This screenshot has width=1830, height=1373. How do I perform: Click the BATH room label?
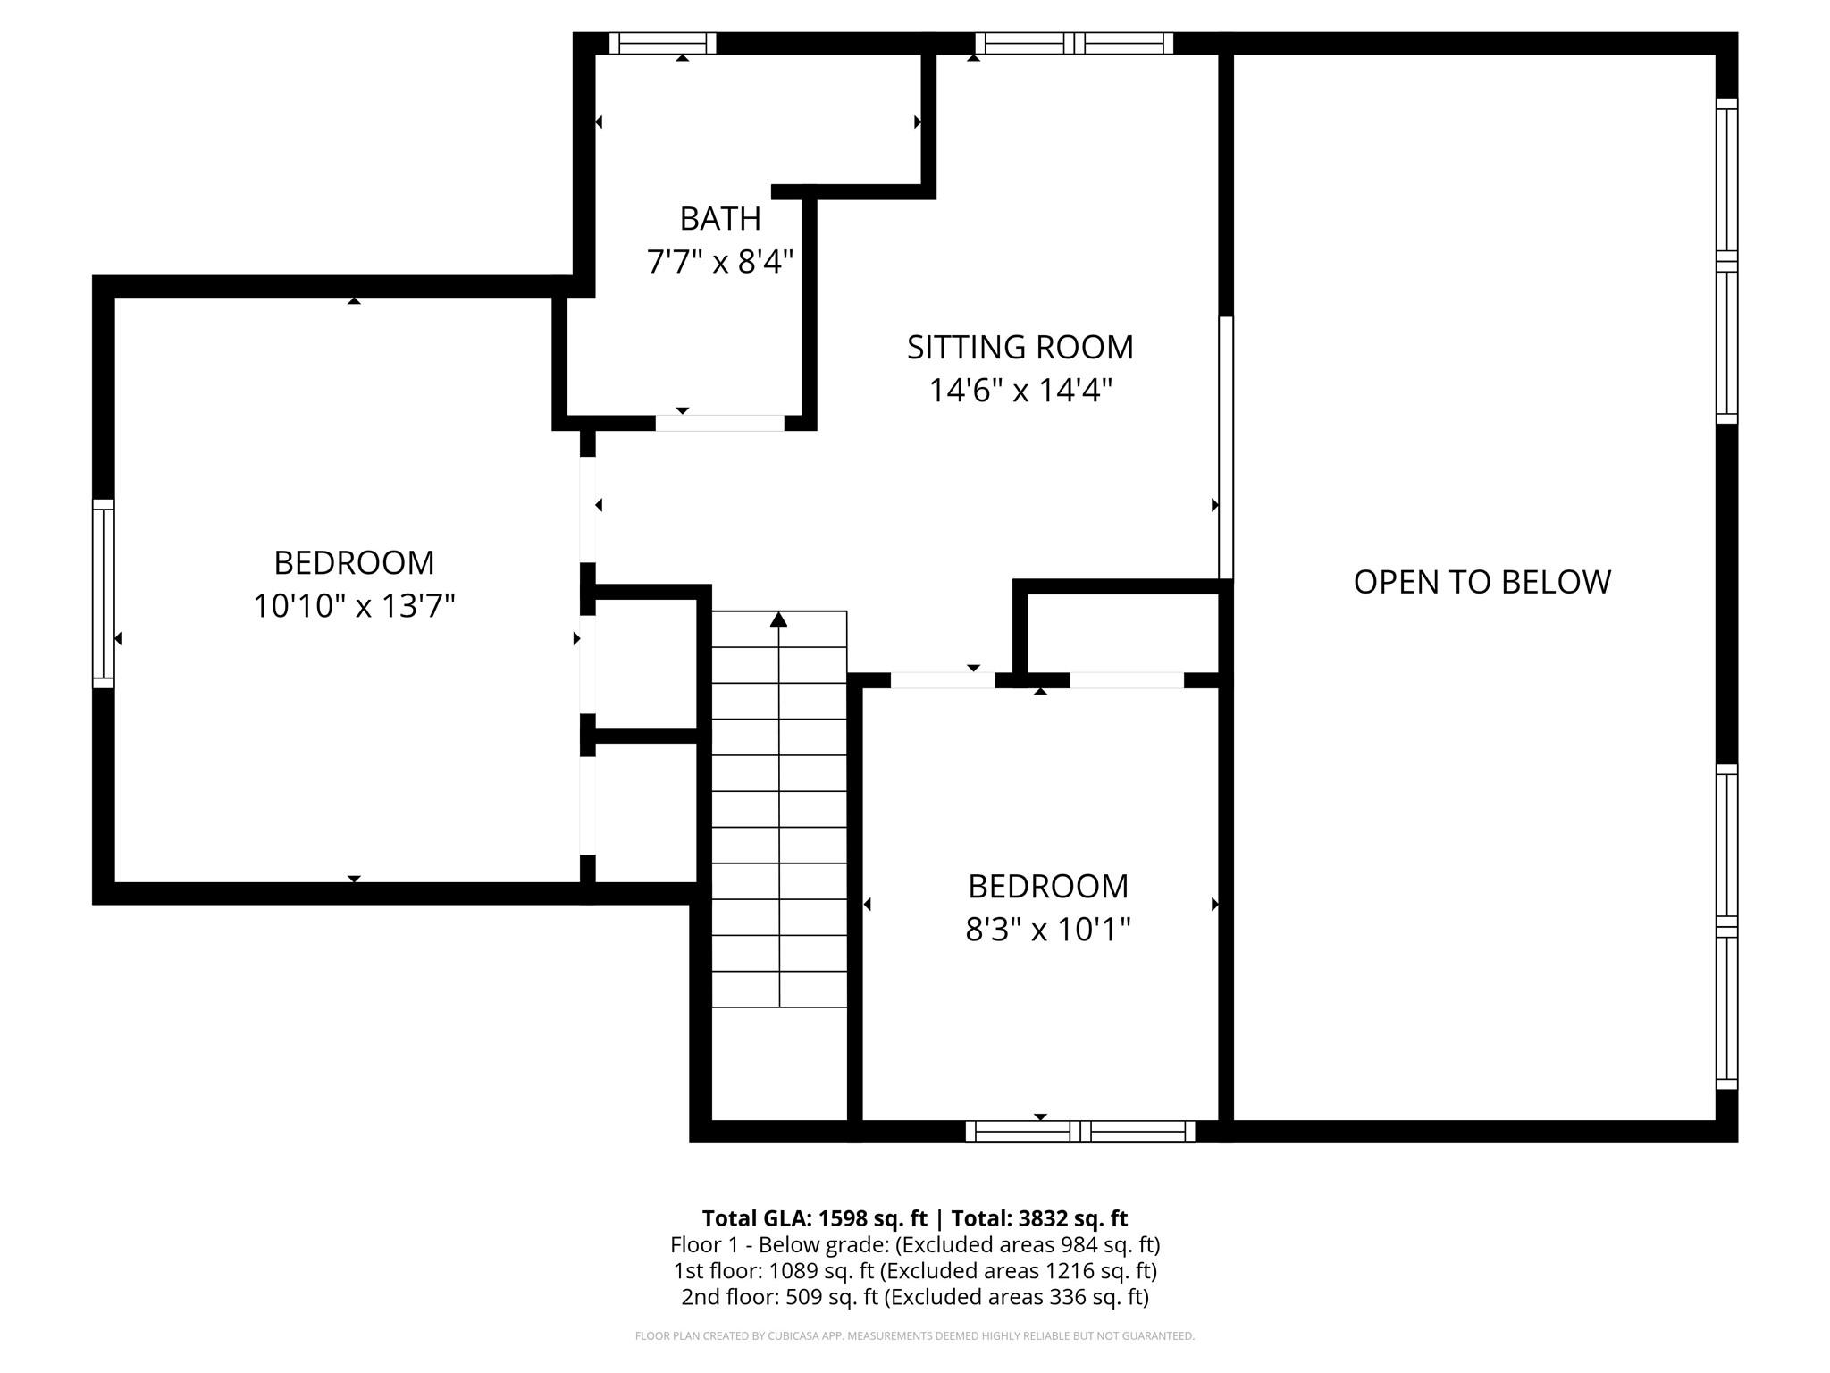[x=719, y=218]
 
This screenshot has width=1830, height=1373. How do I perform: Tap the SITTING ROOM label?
[x=1020, y=347]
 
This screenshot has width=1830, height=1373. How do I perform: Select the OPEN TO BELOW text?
[x=1482, y=582]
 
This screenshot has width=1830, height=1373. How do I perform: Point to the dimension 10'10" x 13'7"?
[x=354, y=606]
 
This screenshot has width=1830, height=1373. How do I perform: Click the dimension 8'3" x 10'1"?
[x=1047, y=930]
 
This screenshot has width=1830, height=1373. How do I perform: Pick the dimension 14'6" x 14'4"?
[x=1020, y=391]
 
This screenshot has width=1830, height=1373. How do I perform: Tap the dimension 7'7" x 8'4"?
[x=719, y=262]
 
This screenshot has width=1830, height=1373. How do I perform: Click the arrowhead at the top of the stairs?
[x=778, y=619]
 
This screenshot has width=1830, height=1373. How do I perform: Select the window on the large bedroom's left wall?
[x=104, y=593]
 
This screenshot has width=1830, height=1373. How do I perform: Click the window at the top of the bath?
[x=662, y=43]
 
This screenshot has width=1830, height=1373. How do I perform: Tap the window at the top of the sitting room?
[x=1073, y=43]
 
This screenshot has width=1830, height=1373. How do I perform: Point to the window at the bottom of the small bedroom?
[x=1079, y=1132]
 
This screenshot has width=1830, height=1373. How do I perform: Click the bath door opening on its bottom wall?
[x=719, y=423]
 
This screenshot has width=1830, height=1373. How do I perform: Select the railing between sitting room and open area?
[x=1226, y=447]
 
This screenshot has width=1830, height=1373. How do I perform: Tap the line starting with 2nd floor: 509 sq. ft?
[x=914, y=1296]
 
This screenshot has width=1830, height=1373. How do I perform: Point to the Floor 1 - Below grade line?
[x=914, y=1244]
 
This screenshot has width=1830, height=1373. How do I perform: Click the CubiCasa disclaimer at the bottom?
[x=914, y=1336]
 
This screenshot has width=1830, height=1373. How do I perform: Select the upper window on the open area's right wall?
[x=1726, y=261]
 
